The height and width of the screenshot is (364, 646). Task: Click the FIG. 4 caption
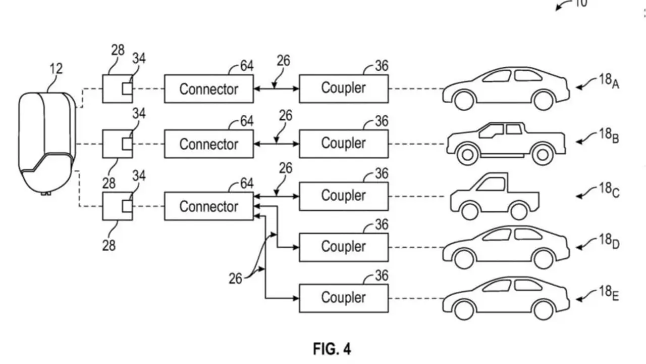point(332,349)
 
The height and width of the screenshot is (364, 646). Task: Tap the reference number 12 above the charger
point(56,69)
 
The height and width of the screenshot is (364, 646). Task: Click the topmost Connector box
point(208,89)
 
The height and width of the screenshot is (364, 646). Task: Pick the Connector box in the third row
point(208,206)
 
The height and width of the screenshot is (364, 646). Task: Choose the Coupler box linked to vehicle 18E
point(344,298)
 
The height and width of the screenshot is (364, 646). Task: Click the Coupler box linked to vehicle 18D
point(344,247)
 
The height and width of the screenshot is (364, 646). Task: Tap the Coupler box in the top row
point(344,88)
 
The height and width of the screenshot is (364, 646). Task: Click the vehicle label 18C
point(609,191)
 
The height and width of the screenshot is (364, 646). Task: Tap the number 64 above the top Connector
point(246,66)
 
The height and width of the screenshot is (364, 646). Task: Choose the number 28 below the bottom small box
point(109,246)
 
